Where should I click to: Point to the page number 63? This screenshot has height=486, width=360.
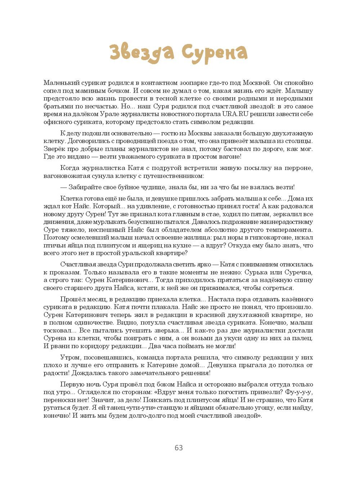pos(179,448)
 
